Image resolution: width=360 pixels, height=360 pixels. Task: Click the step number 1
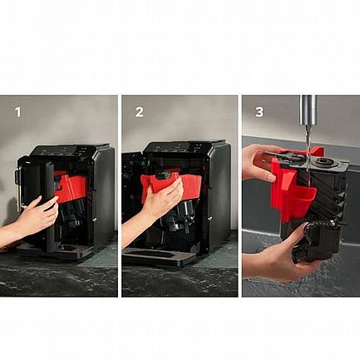(18, 112)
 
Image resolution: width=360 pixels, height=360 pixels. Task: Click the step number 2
(140, 112)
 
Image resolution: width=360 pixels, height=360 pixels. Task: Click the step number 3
(259, 112)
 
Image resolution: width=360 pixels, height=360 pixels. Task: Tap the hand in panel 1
(33, 219)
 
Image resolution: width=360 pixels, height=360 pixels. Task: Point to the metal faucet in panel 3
(308, 111)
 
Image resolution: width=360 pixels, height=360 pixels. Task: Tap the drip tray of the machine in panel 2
(160, 257)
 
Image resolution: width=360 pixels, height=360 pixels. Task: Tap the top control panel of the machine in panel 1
(64, 150)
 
